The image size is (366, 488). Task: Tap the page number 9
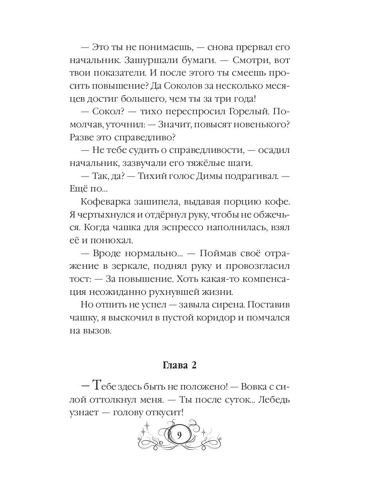point(179,434)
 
